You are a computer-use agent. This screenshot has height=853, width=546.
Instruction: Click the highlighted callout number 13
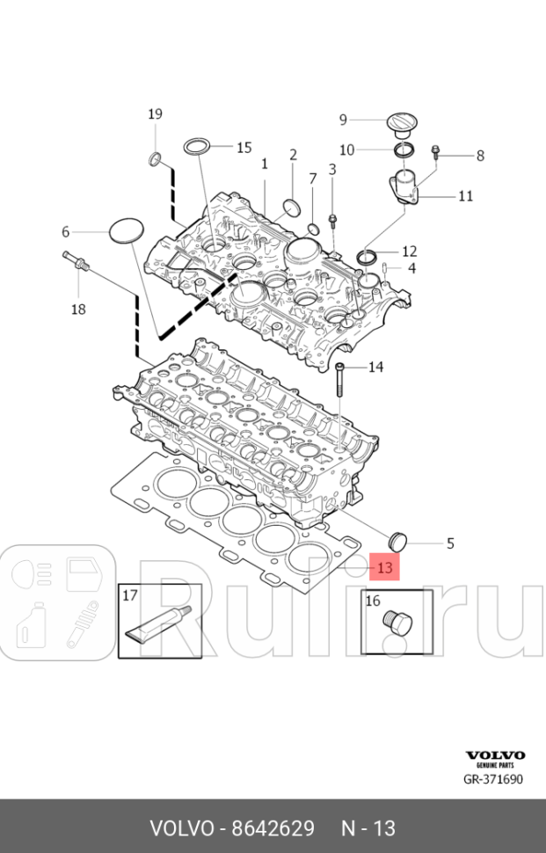pyautogui.click(x=384, y=568)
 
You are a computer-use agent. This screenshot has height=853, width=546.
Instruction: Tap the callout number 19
pyautogui.click(x=155, y=113)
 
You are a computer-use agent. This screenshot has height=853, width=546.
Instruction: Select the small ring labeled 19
pyautogui.click(x=155, y=159)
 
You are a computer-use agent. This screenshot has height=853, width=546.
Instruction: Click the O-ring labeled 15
pyautogui.click(x=198, y=146)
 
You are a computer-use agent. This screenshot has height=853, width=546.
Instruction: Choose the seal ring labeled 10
pyautogui.click(x=404, y=149)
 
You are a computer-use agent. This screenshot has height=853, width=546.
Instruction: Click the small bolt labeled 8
pyautogui.click(x=436, y=156)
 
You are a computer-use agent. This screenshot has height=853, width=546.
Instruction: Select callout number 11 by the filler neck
pyautogui.click(x=465, y=195)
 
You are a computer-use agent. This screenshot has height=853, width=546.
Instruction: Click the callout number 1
pyautogui.click(x=264, y=164)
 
